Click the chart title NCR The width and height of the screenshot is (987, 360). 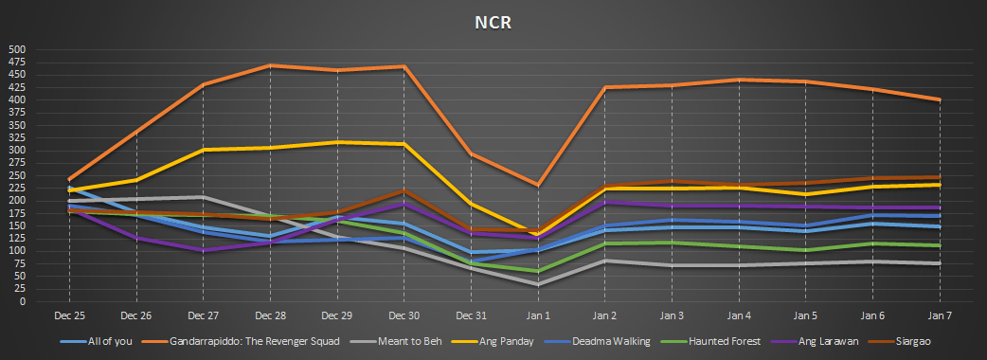(x=493, y=23)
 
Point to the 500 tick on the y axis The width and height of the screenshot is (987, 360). (x=17, y=49)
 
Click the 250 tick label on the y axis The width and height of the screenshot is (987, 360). (x=17, y=175)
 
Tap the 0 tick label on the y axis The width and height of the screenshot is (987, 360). (x=23, y=301)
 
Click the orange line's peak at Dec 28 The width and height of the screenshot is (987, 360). (x=271, y=65)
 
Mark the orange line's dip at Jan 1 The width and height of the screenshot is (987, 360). (x=537, y=185)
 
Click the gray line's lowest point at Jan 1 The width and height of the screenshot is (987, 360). (x=537, y=284)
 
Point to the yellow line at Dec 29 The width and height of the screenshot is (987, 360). (x=337, y=142)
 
